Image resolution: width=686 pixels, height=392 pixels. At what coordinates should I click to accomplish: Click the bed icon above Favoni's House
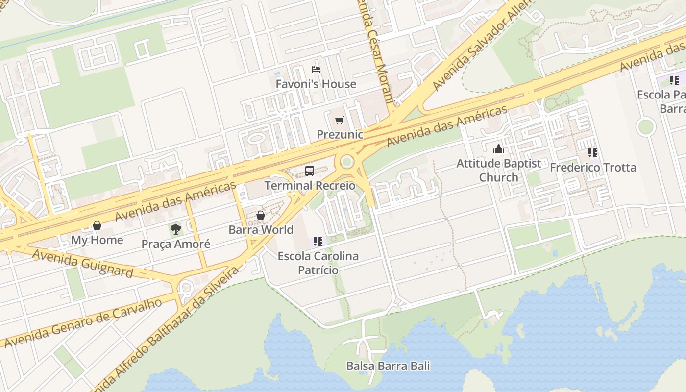pos(316,70)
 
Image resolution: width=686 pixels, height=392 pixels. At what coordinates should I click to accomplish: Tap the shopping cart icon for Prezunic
pos(339,120)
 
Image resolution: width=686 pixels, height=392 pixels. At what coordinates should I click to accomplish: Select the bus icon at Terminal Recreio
pos(310,171)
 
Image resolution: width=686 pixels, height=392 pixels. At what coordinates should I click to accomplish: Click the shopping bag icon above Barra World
pos(261,215)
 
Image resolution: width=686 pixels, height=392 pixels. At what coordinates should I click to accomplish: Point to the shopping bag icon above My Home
pos(97,225)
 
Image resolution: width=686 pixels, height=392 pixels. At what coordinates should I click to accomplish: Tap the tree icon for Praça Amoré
pos(175,229)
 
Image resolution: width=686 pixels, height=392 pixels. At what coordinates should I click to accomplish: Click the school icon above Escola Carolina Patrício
pos(318,241)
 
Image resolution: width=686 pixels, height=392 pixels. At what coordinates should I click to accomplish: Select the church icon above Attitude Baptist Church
pos(499,149)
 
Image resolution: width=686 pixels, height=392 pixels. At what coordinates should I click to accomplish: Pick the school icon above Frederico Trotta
pos(593,153)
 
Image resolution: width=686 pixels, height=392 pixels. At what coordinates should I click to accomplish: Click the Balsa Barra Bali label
pos(388,366)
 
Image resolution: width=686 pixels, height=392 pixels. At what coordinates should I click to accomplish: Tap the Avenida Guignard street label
pos(83,263)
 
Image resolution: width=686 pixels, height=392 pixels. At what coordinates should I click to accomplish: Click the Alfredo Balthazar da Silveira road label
pos(167,328)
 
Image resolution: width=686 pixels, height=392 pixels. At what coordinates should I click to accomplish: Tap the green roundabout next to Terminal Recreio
pos(347,161)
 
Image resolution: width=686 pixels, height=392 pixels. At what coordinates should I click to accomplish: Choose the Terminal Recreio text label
pos(310,186)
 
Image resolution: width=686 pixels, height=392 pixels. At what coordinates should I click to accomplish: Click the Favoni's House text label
pos(316,84)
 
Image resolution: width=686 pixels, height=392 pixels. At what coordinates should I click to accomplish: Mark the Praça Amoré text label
pos(175,244)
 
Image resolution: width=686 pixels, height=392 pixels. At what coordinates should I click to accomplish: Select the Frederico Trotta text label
pos(593,168)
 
